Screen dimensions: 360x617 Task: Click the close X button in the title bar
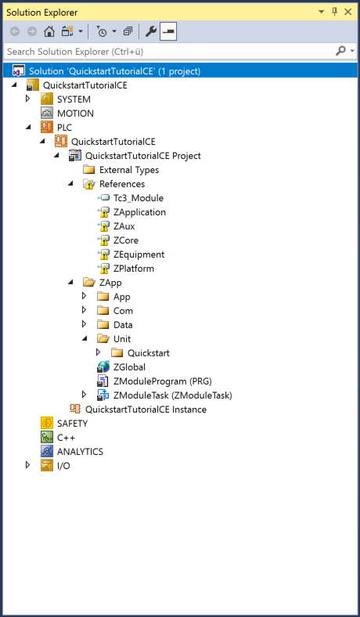[347, 13]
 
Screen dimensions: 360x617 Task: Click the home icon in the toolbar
[49, 31]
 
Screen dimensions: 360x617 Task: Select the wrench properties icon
[151, 31]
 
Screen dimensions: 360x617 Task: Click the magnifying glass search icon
[340, 51]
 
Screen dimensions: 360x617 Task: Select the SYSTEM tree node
[74, 99]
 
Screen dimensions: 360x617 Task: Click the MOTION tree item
[75, 114]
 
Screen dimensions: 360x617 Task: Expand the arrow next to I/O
[28, 465]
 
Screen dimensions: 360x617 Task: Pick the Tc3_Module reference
[138, 198]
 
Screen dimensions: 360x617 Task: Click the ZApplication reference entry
[139, 212]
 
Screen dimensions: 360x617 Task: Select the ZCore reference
[125, 240]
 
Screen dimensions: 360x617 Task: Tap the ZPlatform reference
[133, 269]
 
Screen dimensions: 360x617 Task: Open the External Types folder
[129, 170]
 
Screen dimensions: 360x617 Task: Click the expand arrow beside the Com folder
[84, 311]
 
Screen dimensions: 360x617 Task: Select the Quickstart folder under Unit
[149, 353]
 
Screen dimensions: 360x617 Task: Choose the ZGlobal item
[129, 367]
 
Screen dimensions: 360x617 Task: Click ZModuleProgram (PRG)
[163, 381]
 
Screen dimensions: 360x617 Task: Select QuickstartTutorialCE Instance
[146, 410]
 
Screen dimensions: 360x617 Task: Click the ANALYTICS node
[80, 452]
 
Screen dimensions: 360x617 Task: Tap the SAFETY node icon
[47, 424]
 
